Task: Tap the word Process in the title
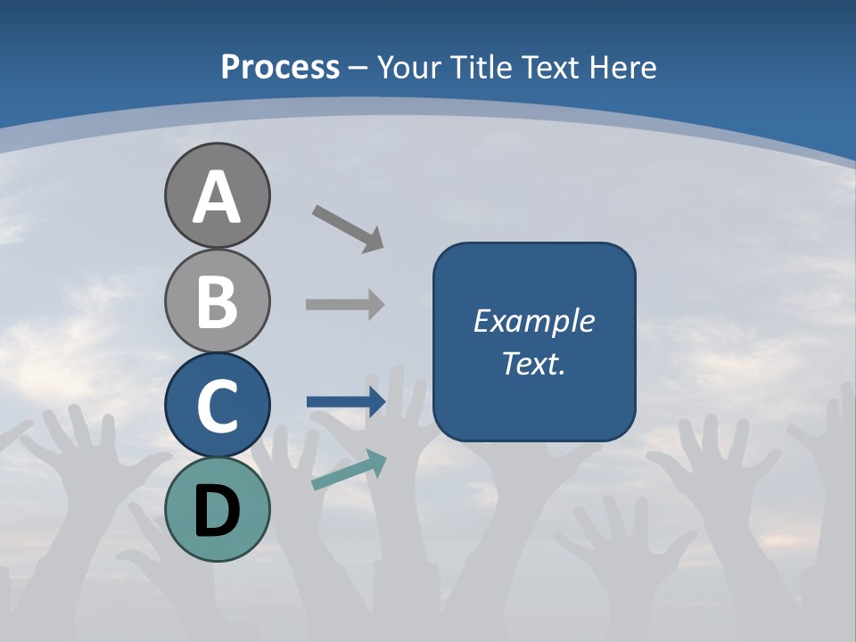click(x=280, y=68)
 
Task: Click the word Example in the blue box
click(x=534, y=321)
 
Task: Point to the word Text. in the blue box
click(x=534, y=363)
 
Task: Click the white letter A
click(x=217, y=198)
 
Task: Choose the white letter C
click(x=217, y=406)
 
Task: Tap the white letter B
click(x=217, y=301)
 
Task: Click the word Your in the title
click(x=411, y=68)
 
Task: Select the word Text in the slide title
click(x=553, y=68)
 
